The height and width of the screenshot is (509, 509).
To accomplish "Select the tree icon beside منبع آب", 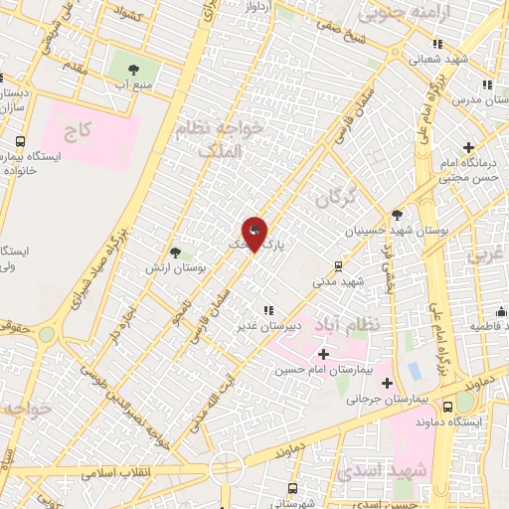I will coord(134,69).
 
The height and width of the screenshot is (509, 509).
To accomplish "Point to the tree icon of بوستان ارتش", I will coord(174,254).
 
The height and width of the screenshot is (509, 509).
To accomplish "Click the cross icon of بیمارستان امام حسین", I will coord(323,353).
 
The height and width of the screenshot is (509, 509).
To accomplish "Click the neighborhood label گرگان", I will coord(334,199).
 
